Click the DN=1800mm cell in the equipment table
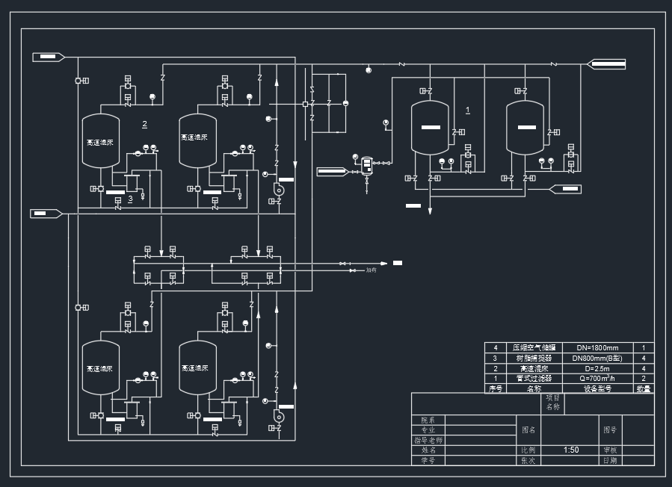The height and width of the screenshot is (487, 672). click(597, 348)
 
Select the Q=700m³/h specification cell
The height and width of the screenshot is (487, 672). click(597, 379)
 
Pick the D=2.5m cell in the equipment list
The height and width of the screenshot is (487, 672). click(597, 368)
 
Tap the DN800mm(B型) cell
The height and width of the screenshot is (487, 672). click(597, 359)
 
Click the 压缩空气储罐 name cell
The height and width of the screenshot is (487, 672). click(534, 348)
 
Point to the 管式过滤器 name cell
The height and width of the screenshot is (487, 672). click(534, 379)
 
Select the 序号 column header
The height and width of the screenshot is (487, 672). click(494, 388)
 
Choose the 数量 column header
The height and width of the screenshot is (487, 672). click(643, 388)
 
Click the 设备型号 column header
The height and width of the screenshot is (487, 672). click(597, 388)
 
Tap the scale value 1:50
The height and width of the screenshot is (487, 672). click(571, 450)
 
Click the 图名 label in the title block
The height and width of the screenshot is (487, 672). click(528, 429)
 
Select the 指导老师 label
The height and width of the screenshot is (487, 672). click(428, 440)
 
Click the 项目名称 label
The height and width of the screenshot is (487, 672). click(552, 403)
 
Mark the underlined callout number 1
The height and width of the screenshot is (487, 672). click(468, 111)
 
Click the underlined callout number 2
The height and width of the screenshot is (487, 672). click(145, 122)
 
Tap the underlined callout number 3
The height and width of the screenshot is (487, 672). click(130, 199)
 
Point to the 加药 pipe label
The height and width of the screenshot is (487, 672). click(371, 270)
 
